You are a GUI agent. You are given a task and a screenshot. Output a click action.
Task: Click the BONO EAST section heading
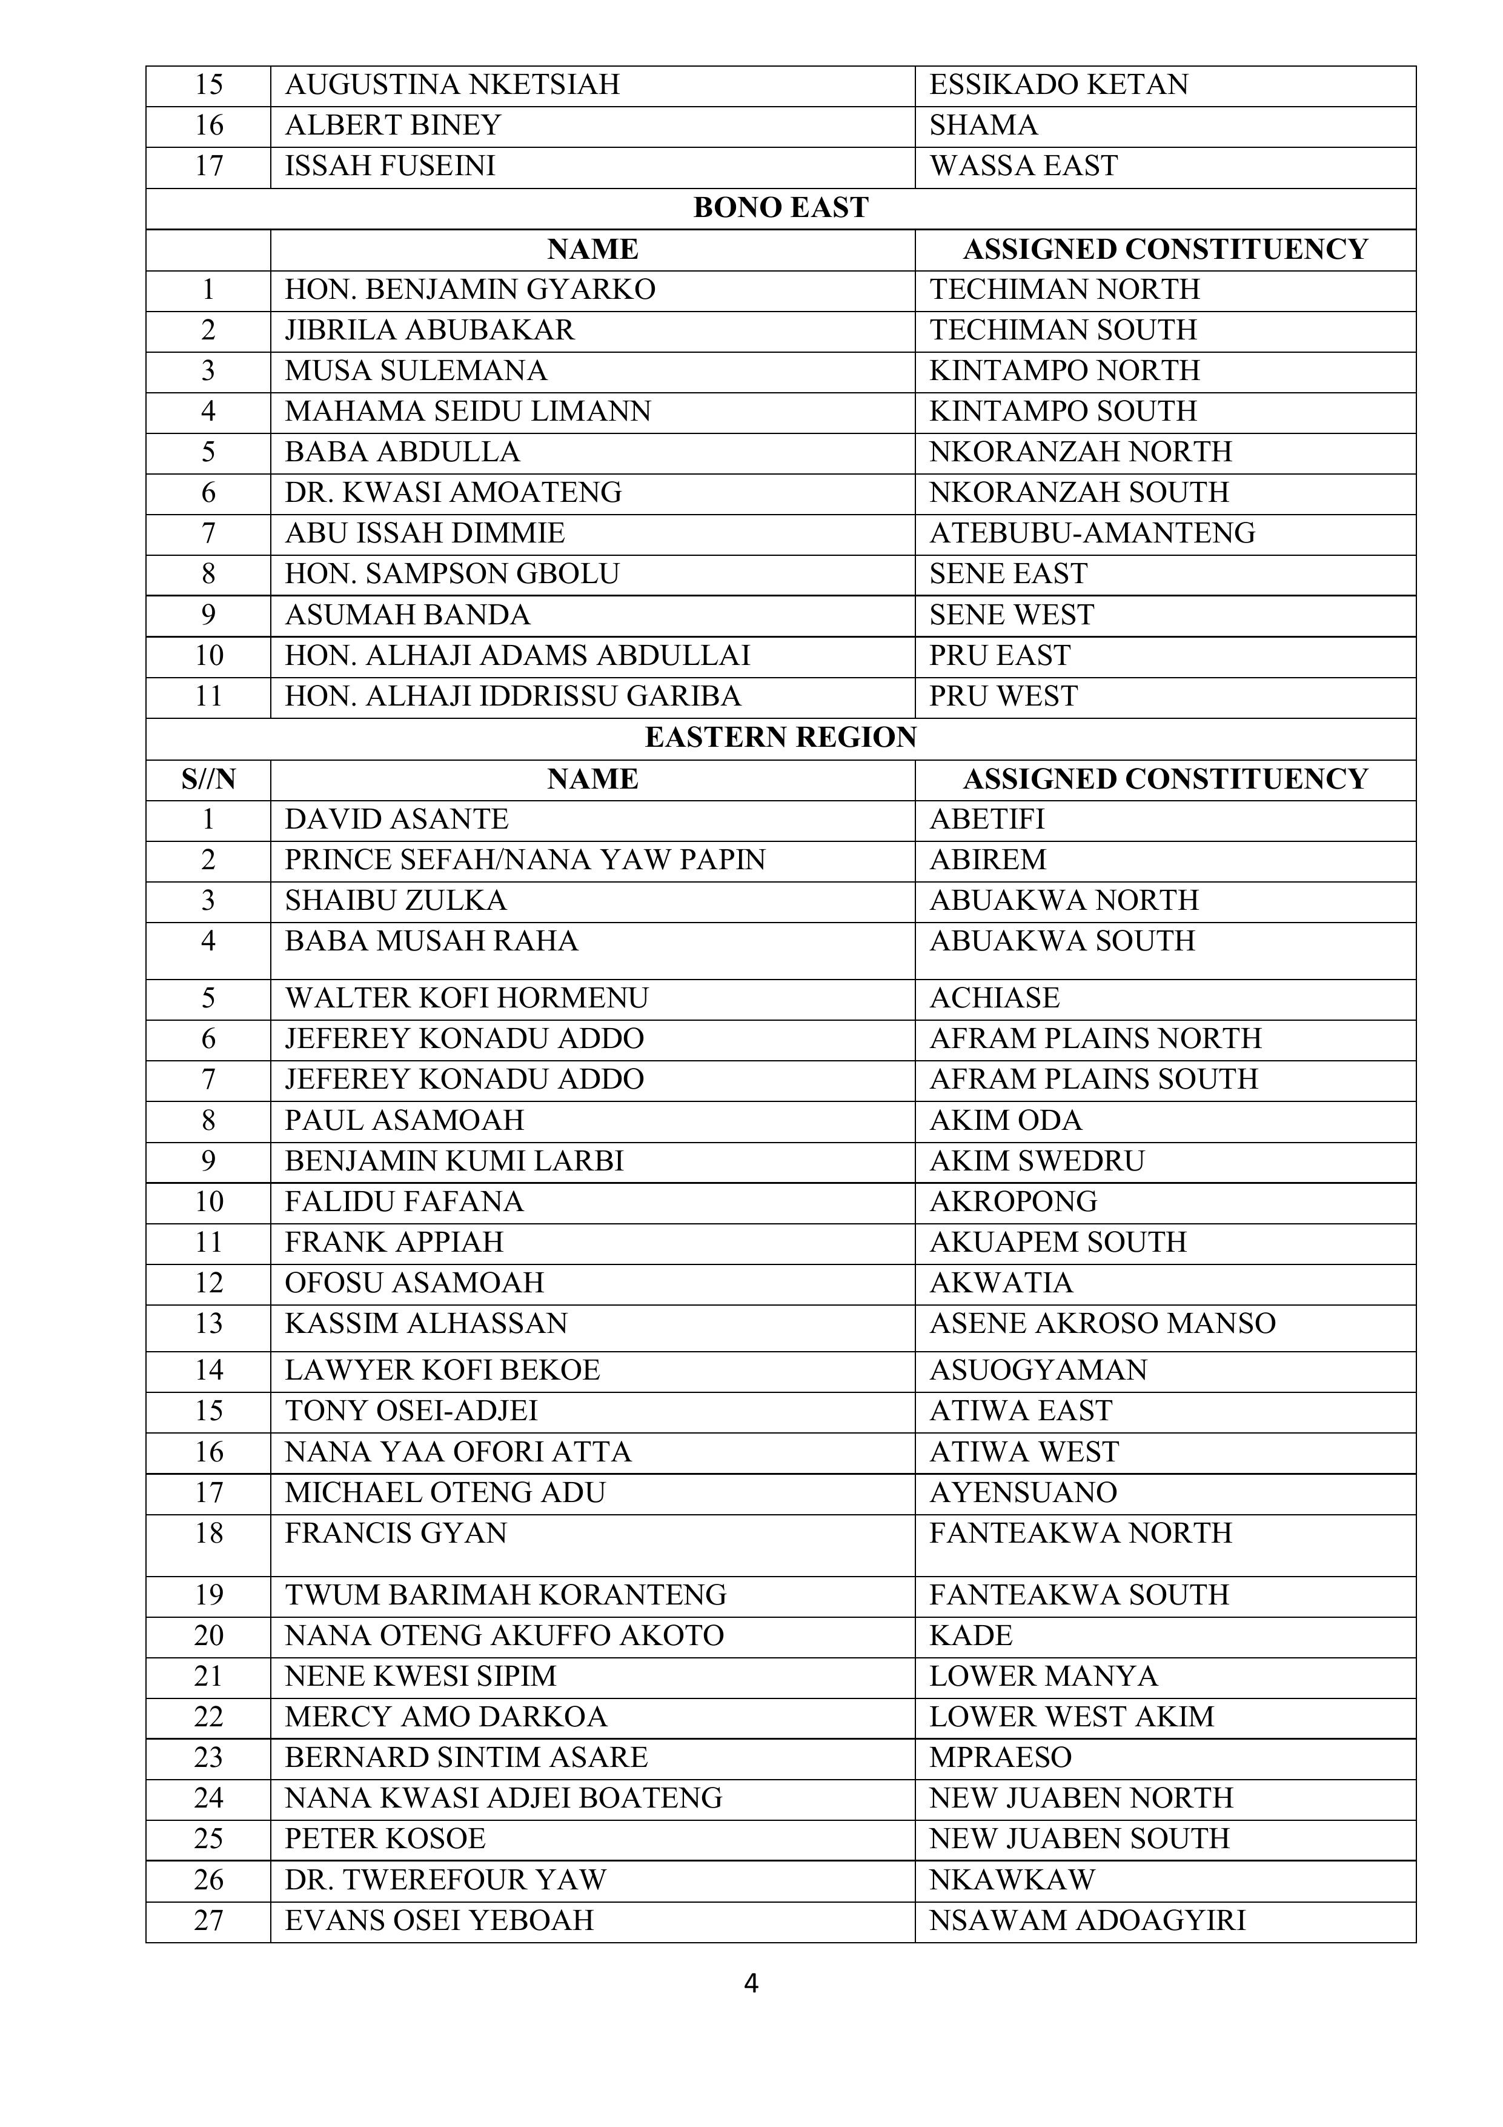781,209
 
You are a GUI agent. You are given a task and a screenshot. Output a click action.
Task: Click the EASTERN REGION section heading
781,738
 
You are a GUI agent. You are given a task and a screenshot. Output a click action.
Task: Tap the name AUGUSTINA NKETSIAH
452,85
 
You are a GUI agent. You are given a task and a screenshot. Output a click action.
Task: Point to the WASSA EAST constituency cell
1023,166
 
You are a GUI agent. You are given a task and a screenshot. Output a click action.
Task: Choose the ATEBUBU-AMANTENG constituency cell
1092,533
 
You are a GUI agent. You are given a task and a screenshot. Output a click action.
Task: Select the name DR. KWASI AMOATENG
453,493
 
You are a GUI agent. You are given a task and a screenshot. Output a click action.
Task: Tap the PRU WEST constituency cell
1003,696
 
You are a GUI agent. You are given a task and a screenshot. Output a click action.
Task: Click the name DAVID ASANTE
396,820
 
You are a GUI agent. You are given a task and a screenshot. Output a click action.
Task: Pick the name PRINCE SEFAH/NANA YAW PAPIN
525,861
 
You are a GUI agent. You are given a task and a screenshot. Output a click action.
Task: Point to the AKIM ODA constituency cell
1005,1121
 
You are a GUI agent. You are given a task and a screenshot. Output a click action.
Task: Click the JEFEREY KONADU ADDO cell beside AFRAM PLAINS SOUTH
464,1080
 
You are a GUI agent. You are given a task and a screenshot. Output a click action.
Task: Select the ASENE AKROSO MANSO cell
1102,1324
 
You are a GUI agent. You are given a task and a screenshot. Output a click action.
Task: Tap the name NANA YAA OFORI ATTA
457,1452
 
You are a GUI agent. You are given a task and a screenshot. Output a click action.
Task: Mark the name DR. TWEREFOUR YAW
445,1880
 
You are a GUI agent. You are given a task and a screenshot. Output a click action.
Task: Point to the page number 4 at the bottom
751,1983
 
